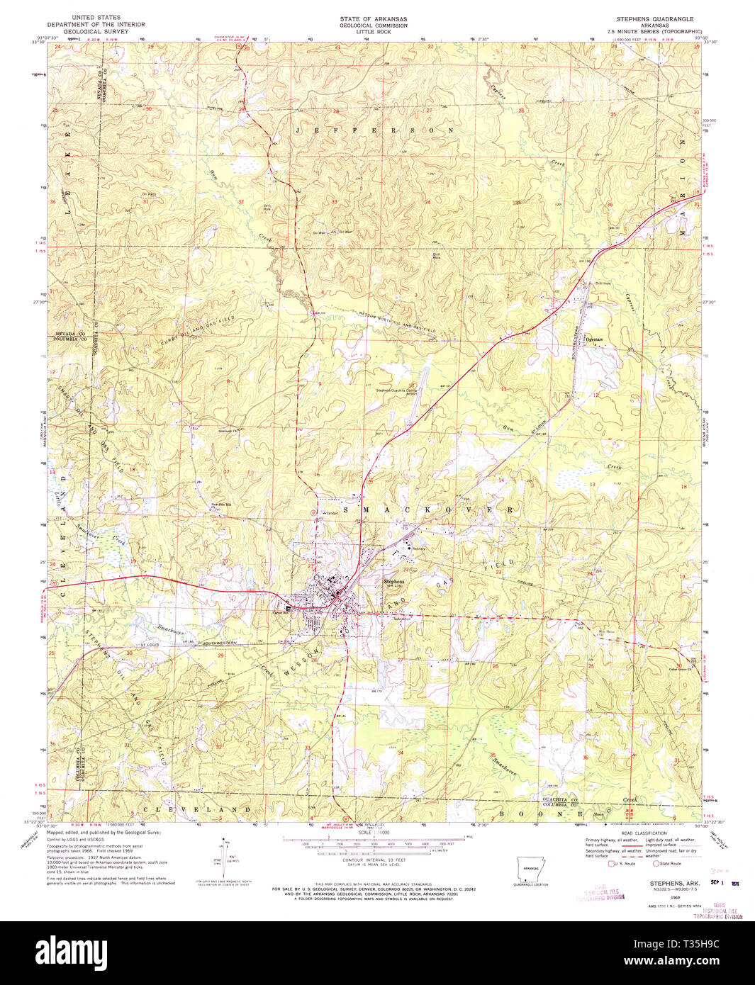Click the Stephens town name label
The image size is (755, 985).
pos(393,581)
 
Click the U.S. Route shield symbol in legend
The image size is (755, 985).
pos(612,863)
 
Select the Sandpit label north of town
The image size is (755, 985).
pos(330,512)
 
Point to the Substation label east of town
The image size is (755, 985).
pos(403,618)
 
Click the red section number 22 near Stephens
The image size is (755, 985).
pos(406,569)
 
